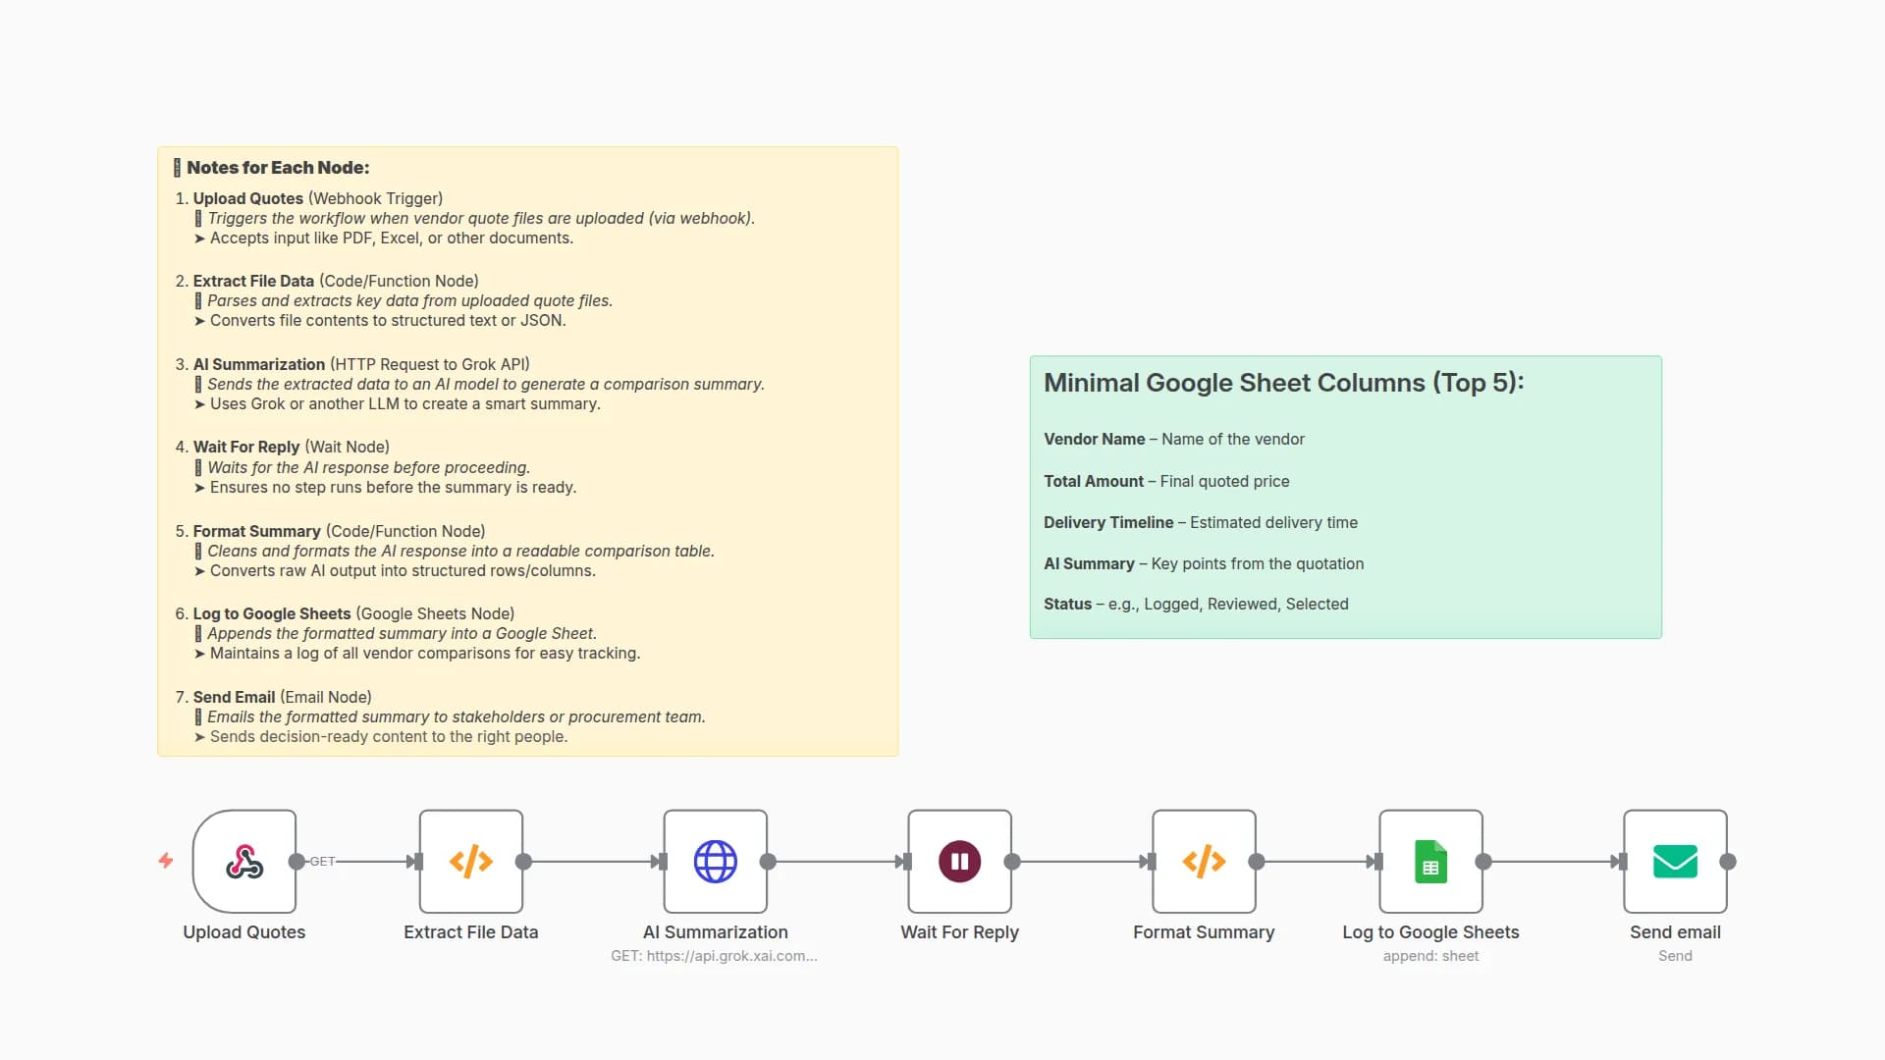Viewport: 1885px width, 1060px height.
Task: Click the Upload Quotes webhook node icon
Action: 244,862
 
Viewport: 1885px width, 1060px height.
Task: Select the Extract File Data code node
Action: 471,862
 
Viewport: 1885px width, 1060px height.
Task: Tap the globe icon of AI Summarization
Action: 715,862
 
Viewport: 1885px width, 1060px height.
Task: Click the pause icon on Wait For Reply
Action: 959,862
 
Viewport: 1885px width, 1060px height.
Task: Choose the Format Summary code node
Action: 1204,862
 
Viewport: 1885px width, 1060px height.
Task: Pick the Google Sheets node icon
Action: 1430,862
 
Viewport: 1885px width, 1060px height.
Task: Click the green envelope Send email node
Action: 1675,862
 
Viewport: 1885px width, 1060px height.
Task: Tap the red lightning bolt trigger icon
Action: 166,861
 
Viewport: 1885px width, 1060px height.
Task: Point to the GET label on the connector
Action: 322,862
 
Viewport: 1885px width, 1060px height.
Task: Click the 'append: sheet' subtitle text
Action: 1430,956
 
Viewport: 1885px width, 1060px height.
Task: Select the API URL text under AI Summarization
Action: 714,956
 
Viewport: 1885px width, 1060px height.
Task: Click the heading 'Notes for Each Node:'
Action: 278,168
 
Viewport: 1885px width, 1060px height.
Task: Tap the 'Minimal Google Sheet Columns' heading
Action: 1283,383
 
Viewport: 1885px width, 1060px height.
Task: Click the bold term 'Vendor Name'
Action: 1094,440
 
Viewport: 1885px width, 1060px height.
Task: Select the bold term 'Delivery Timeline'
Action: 1108,523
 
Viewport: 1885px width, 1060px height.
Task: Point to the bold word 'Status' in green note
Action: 1067,605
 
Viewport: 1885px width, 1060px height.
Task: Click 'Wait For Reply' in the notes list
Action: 245,448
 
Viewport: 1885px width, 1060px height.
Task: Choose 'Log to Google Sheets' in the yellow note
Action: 271,614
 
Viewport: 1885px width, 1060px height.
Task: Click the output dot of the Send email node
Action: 1728,862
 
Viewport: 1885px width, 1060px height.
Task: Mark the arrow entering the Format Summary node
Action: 1146,862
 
